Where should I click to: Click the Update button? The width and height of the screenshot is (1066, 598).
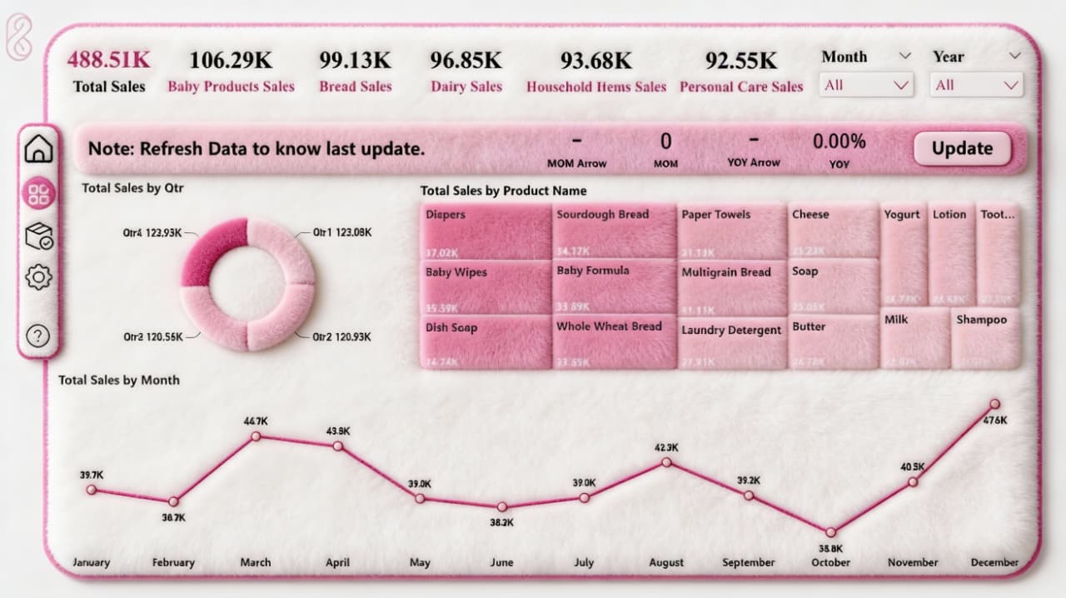[x=962, y=149]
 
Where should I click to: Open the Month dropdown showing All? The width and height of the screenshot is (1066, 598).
[x=866, y=85]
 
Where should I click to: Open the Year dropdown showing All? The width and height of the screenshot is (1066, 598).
[x=977, y=85]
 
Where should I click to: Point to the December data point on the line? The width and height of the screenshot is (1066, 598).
[x=994, y=404]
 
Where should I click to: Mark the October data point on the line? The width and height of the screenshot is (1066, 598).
[x=830, y=532]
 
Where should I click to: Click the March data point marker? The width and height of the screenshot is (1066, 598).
[x=256, y=436]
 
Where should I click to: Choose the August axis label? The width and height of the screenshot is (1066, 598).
[x=666, y=563]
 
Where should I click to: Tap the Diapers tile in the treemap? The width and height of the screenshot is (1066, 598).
[x=486, y=232]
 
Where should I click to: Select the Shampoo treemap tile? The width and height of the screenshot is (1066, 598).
[x=985, y=338]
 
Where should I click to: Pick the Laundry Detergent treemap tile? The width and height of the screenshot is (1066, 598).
[x=732, y=341]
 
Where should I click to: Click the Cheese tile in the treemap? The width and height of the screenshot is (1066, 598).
[x=833, y=231]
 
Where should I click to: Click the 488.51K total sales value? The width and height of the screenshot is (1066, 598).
[x=109, y=60]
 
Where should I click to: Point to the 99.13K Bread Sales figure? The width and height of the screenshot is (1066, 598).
[x=355, y=61]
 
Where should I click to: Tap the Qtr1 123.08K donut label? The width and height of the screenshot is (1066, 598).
[x=342, y=232]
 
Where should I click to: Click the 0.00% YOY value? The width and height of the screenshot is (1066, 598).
[x=839, y=142]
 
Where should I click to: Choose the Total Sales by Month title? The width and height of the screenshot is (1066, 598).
[x=119, y=380]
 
